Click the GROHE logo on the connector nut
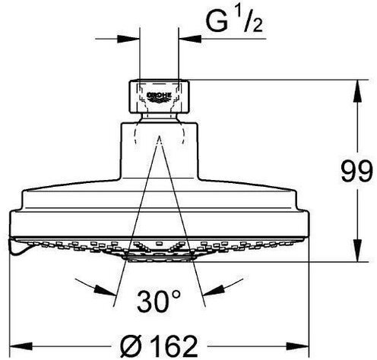160,97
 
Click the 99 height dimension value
356,171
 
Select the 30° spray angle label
159,302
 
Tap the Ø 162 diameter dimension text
159,346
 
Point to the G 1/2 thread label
234,21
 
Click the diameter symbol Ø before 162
131,346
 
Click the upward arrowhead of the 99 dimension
357,91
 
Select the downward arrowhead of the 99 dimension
357,251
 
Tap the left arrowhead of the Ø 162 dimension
21,346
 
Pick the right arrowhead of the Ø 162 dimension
297,346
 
